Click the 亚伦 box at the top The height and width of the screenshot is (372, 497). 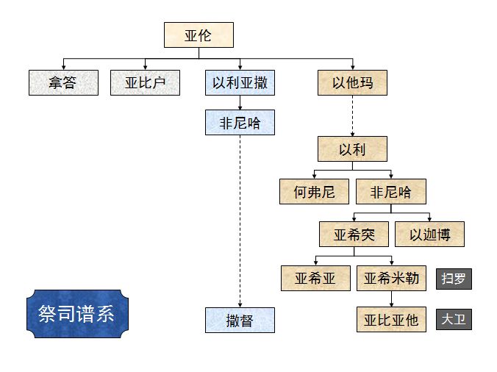tap(198, 35)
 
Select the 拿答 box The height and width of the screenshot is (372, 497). tap(63, 82)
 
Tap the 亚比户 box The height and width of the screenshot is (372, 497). tap(145, 82)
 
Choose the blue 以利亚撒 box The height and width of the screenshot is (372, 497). tap(240, 82)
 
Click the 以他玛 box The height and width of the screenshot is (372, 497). tap(352, 82)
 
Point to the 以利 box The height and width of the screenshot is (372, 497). tap(352, 149)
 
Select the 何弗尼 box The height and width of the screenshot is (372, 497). tap(314, 192)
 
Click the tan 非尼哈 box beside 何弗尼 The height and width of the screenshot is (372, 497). tap(390, 192)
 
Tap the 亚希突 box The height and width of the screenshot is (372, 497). tap(354, 235)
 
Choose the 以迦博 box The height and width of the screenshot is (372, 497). tap(430, 235)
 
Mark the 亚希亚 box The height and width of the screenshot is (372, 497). tap(315, 278)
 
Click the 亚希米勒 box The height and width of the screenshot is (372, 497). tap(391, 278)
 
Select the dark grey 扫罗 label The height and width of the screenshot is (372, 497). tap(454, 279)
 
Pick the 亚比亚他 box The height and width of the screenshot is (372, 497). tap(391, 320)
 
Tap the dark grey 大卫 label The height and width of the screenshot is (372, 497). tap(454, 320)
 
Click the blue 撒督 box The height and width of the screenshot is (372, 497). tap(240, 320)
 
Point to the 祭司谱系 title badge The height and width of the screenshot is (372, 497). tap(76, 314)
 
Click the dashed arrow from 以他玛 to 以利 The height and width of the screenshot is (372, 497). tap(352, 115)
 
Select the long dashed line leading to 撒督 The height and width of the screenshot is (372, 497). tap(240, 221)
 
